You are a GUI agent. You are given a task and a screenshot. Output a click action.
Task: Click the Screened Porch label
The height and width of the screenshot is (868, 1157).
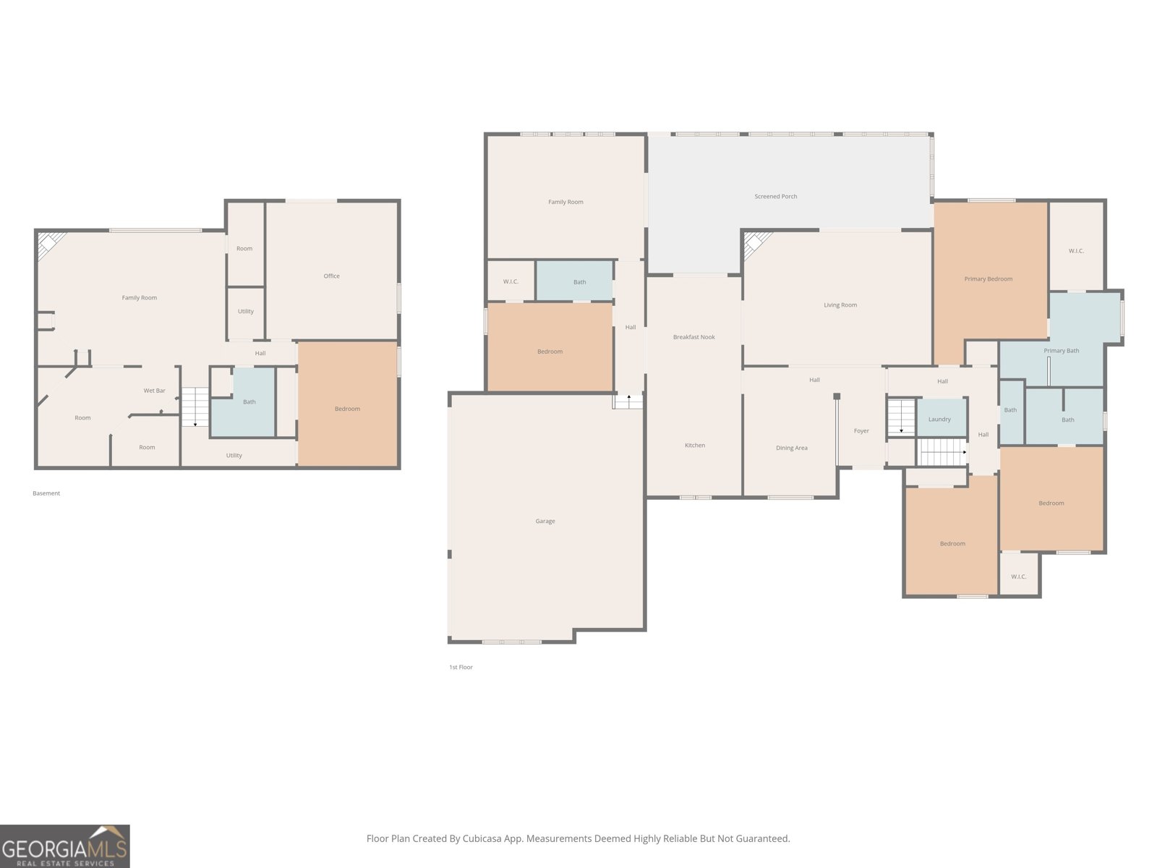click(775, 197)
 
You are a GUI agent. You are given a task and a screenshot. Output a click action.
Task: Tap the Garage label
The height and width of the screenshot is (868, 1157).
click(545, 521)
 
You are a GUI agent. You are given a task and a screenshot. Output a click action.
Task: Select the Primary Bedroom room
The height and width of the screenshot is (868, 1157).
click(989, 279)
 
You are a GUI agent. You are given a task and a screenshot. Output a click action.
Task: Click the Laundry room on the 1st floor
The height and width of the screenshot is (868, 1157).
click(940, 420)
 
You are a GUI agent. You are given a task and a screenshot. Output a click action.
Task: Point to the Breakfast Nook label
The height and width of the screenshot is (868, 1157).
click(693, 337)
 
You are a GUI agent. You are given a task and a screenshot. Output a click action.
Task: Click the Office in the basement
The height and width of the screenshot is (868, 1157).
click(331, 276)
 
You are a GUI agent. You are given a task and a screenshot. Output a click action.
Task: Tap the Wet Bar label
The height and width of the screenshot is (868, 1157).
click(154, 391)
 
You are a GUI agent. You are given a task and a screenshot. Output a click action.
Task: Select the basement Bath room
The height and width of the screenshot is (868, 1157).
click(249, 402)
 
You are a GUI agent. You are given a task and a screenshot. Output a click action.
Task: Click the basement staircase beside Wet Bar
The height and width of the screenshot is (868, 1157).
click(195, 407)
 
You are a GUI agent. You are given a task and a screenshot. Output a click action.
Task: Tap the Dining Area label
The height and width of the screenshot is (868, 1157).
click(791, 448)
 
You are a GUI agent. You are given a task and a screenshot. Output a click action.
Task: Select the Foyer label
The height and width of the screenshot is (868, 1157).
click(861, 431)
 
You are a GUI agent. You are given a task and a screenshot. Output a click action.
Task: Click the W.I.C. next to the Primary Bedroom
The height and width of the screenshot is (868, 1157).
click(1076, 251)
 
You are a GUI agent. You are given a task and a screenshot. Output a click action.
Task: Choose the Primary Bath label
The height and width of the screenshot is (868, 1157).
click(1061, 351)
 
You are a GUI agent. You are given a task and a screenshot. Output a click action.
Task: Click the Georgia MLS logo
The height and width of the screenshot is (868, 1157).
click(64, 846)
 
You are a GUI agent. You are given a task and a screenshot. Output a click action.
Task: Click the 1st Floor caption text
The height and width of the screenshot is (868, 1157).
click(461, 667)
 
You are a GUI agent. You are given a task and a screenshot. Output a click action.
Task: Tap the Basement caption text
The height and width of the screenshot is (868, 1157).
click(46, 493)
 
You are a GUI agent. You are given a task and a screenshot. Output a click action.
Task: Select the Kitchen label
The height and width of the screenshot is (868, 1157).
click(694, 446)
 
